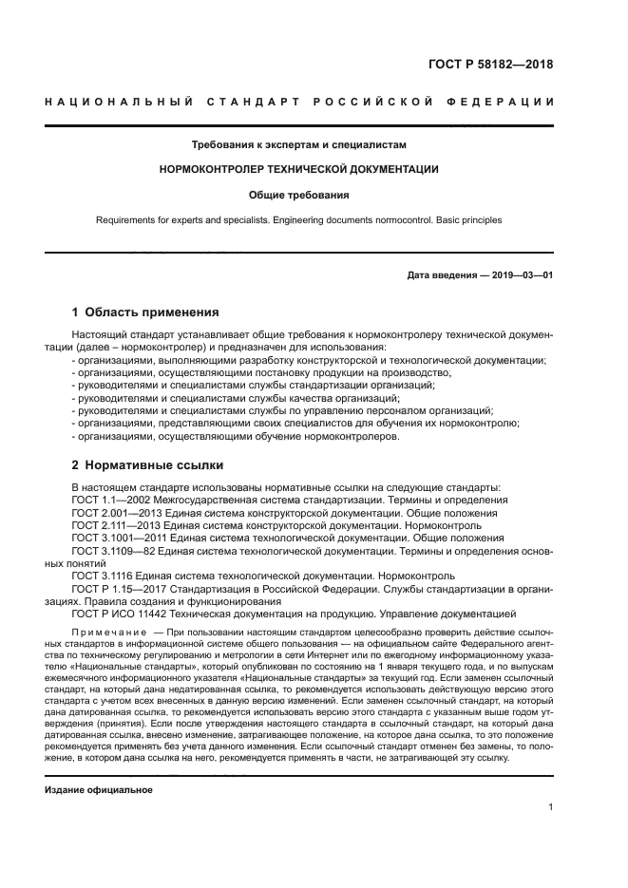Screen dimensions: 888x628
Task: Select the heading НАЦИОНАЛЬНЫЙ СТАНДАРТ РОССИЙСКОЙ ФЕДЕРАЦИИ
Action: tap(299, 102)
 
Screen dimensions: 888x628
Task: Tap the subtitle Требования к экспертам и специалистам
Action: tap(299, 145)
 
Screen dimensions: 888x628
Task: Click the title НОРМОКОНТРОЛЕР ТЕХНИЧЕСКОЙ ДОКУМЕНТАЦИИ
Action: tap(299, 170)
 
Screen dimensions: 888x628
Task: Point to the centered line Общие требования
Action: tap(299, 195)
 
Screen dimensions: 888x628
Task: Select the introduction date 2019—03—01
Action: tap(521, 276)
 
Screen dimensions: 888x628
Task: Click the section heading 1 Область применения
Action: tap(146, 312)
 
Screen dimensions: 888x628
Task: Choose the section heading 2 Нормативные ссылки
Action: tap(148, 465)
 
